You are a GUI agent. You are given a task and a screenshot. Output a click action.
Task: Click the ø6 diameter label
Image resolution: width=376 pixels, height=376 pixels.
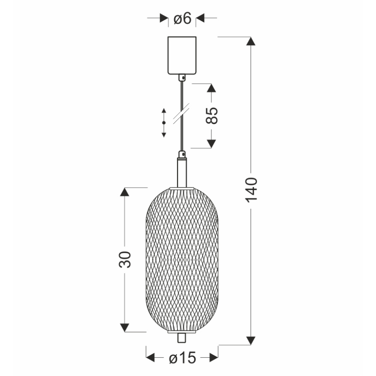click(182, 19)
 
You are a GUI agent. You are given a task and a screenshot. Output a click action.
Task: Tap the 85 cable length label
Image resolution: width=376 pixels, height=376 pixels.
click(212, 116)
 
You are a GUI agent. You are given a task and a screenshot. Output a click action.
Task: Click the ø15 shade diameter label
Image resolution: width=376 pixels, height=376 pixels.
click(182, 358)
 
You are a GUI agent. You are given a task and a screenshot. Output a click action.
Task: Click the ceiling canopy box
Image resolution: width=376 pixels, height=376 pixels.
click(182, 56)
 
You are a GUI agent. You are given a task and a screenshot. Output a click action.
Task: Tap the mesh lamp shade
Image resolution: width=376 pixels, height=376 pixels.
click(182, 260)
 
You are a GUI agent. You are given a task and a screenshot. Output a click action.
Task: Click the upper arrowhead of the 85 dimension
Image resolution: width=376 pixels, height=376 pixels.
click(211, 88)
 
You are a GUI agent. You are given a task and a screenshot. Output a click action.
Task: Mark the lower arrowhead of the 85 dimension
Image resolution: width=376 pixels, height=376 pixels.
click(211, 143)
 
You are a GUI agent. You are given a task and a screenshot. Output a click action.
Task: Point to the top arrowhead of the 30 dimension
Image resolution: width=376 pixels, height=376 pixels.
click(125, 193)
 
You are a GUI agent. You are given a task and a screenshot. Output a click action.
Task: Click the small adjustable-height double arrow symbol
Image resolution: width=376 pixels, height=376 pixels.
click(164, 123)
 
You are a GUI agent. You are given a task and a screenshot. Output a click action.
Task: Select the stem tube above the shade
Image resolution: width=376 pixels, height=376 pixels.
click(182, 172)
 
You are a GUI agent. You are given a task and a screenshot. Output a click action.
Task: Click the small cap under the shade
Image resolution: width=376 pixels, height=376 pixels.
click(182, 337)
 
